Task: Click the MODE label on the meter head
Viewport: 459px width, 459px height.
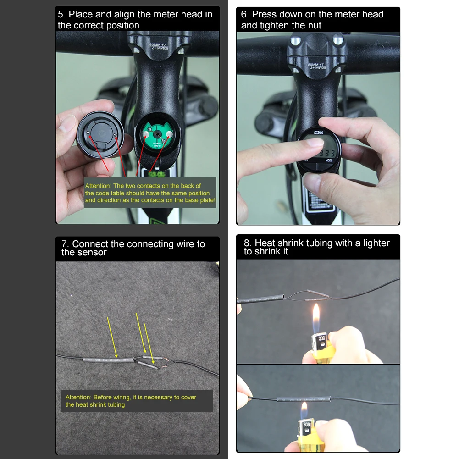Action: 329,160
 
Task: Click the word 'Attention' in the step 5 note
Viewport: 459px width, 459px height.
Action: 98,186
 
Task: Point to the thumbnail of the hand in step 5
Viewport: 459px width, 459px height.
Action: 68,123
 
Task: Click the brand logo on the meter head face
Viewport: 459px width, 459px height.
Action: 317,133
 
